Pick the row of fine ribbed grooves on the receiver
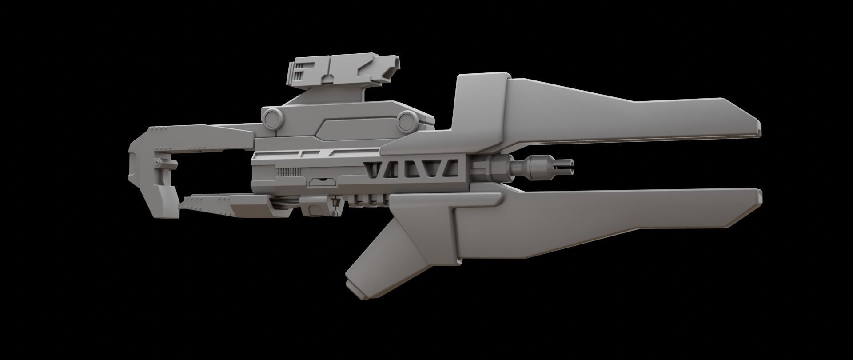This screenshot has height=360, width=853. point(288,171)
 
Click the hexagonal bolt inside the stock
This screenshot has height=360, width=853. point(159,161)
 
